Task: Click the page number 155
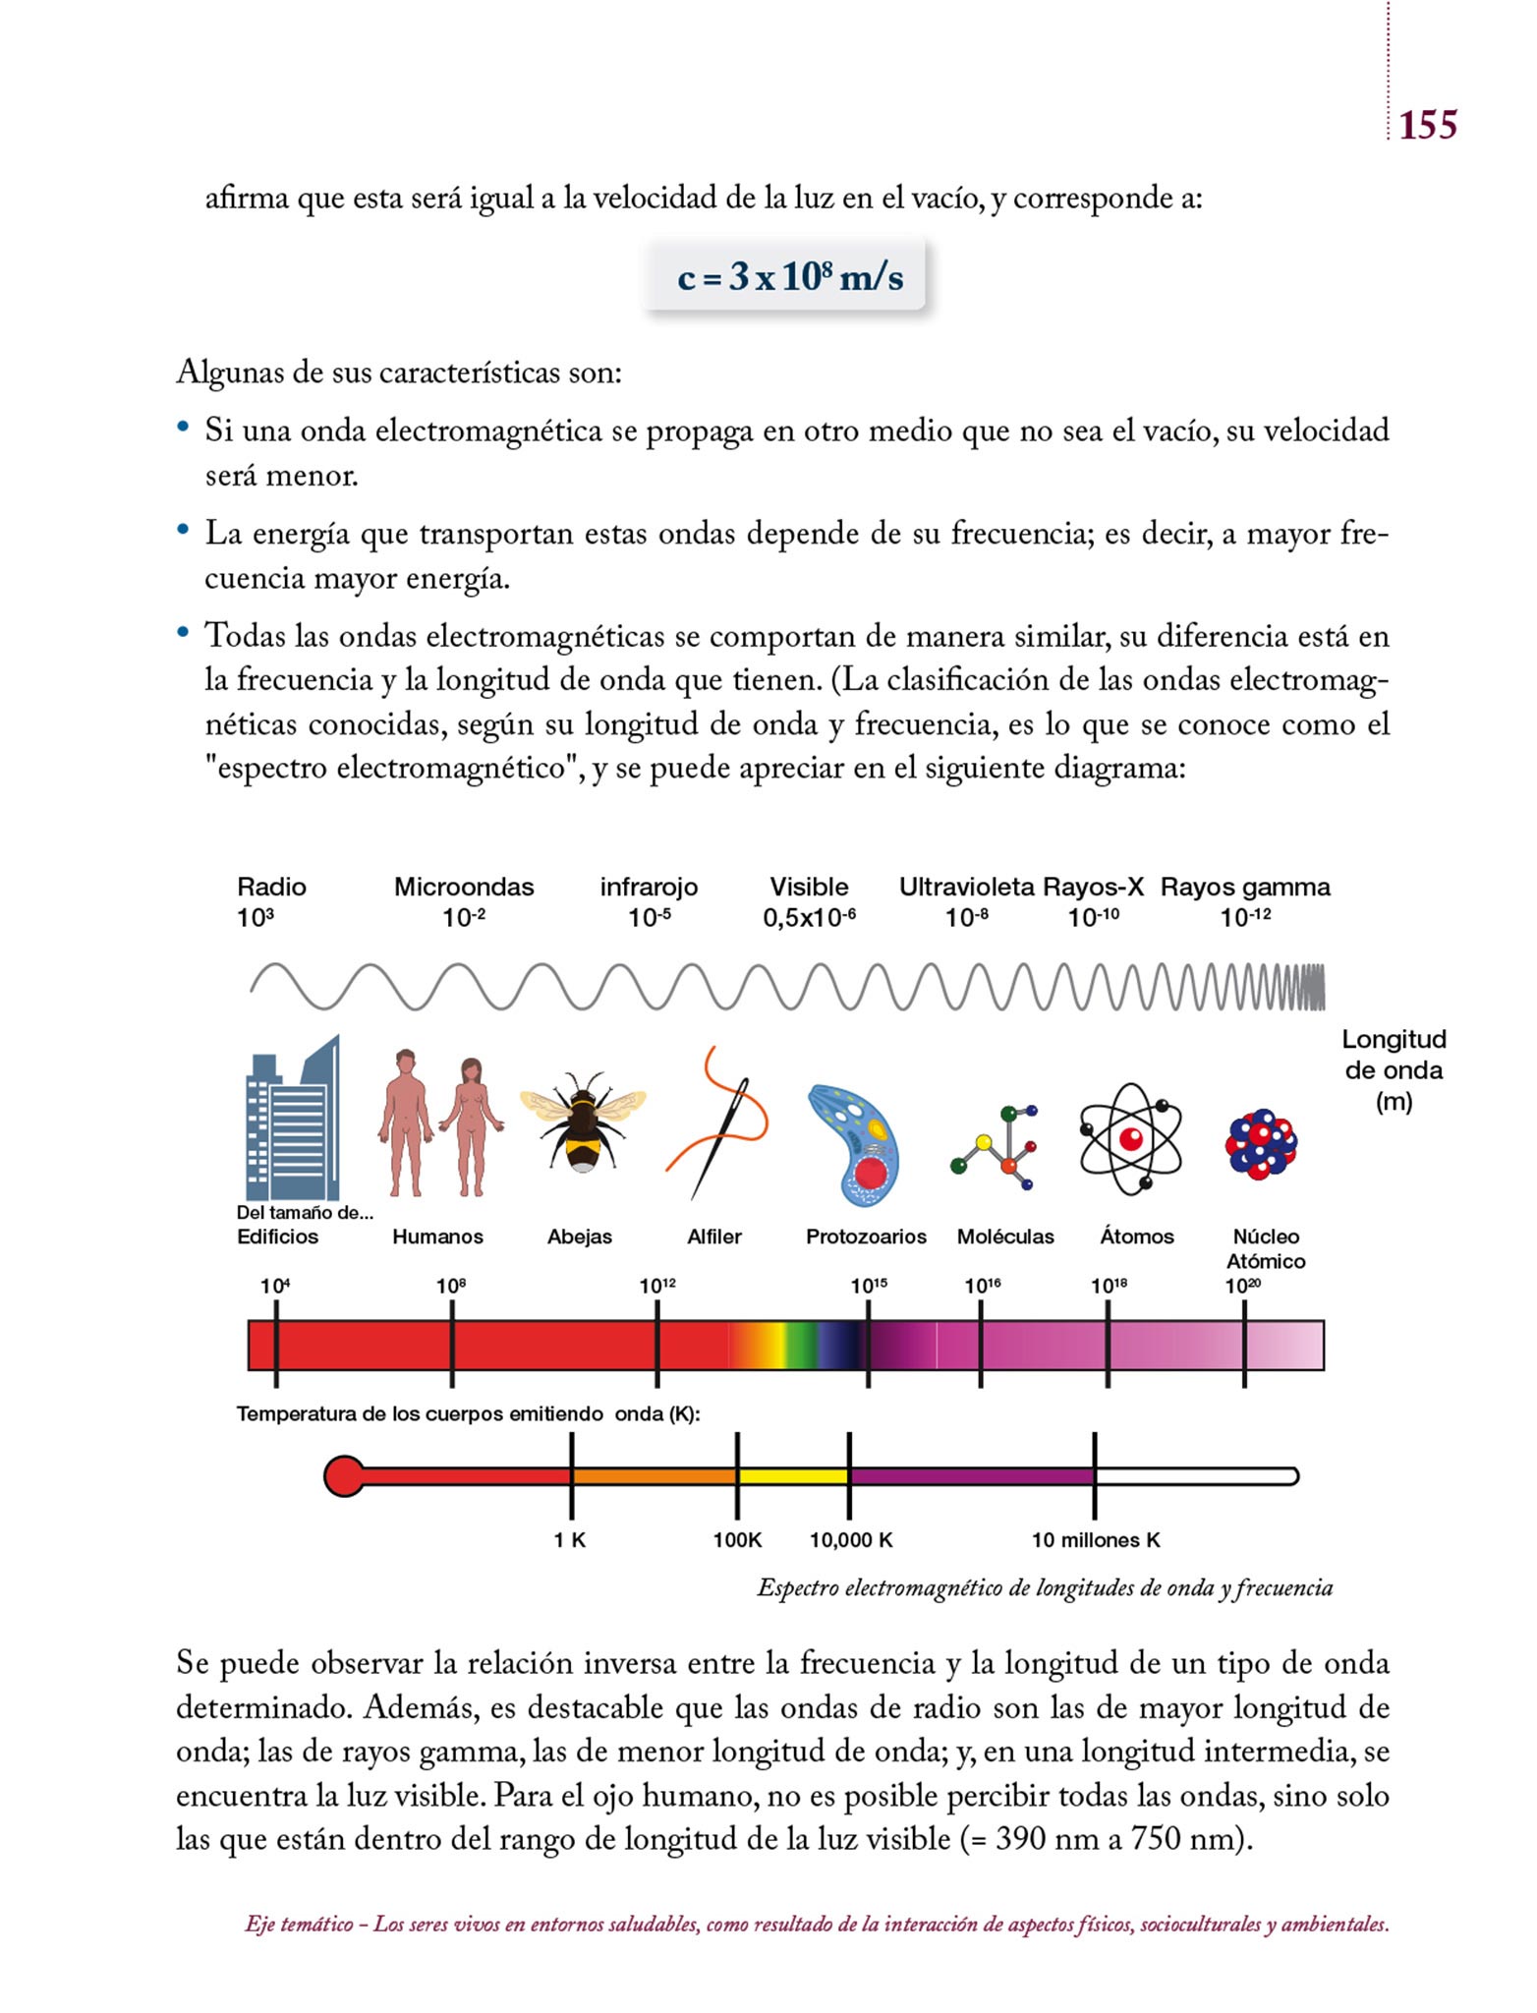(x=1427, y=126)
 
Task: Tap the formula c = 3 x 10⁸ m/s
(x=789, y=277)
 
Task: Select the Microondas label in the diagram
(x=464, y=888)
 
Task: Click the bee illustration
(x=582, y=1122)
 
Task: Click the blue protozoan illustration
(x=854, y=1144)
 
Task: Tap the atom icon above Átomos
(x=1130, y=1138)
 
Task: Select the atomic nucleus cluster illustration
(x=1262, y=1144)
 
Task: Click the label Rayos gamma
(x=1245, y=888)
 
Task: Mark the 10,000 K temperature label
(x=851, y=1540)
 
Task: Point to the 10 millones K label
(x=1096, y=1540)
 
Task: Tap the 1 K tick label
(x=570, y=1540)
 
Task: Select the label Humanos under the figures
(x=437, y=1237)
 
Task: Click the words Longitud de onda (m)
(x=1394, y=1070)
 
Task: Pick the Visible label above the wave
(x=809, y=888)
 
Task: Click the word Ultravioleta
(x=966, y=888)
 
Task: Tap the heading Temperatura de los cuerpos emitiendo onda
(x=468, y=1414)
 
